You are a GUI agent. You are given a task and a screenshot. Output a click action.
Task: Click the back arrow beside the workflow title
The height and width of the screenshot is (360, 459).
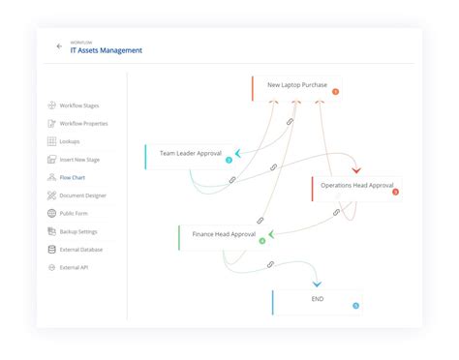[x=59, y=46]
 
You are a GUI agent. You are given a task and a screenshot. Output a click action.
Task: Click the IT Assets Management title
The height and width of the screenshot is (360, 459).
[x=106, y=50]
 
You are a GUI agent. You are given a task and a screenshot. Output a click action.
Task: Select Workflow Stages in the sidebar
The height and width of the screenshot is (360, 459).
[x=78, y=105]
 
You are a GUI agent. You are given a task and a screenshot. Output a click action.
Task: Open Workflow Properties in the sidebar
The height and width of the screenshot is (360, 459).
[x=83, y=123]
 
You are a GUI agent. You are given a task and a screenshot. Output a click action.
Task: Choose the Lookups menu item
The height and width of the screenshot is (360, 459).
[x=71, y=141]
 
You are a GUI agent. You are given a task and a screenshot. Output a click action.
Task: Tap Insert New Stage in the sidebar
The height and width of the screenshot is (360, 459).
[x=80, y=159]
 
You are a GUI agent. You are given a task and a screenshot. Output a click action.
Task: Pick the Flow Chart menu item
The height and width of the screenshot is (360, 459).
[x=73, y=177]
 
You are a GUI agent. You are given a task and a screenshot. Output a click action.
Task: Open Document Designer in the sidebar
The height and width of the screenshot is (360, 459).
[x=83, y=195]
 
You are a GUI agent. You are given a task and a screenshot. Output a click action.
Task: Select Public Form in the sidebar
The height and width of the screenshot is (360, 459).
[x=75, y=213]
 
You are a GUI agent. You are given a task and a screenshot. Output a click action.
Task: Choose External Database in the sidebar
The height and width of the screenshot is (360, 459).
[x=81, y=250]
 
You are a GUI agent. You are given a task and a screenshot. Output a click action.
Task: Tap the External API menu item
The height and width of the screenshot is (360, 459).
[x=75, y=267]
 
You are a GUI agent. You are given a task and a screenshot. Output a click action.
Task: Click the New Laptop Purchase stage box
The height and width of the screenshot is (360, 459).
[x=296, y=86]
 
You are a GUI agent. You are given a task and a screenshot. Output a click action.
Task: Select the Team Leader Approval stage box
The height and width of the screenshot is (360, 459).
[x=191, y=154]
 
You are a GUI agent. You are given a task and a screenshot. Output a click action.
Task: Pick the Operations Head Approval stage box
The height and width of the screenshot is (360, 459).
[x=355, y=186]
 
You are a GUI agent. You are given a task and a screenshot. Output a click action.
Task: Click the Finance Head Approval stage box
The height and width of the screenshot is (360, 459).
[x=224, y=235]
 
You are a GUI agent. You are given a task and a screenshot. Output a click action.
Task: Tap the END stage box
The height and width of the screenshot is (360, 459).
[x=317, y=300]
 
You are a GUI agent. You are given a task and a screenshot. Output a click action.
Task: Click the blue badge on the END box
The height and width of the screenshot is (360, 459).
[x=355, y=306]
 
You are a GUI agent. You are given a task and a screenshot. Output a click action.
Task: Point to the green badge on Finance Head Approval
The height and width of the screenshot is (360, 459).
[x=262, y=241]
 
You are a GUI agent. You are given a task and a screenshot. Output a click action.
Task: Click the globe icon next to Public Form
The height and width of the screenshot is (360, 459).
[x=51, y=213]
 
